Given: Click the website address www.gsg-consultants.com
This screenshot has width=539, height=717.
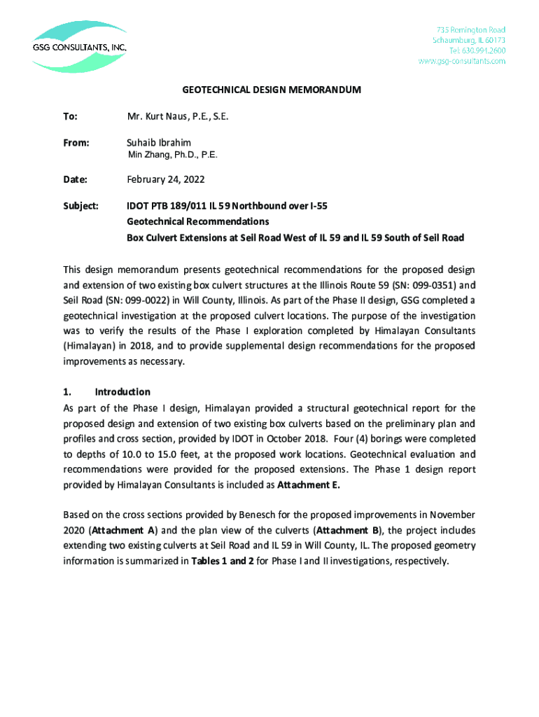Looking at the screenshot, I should pos(461,61).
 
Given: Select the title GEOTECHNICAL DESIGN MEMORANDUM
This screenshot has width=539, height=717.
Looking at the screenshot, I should pos(272,90).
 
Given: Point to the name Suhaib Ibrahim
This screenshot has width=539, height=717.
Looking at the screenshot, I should pos(159,142).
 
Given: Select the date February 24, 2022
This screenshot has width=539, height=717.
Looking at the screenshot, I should pos(165,180).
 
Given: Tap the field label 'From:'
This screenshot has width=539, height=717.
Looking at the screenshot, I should pos(77,143).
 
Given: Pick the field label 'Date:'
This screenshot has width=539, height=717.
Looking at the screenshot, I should pos(76,180).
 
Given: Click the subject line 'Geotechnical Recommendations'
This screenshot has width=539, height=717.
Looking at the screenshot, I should pos(197,222).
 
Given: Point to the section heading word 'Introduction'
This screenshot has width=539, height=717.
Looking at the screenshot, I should pos(122,392).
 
